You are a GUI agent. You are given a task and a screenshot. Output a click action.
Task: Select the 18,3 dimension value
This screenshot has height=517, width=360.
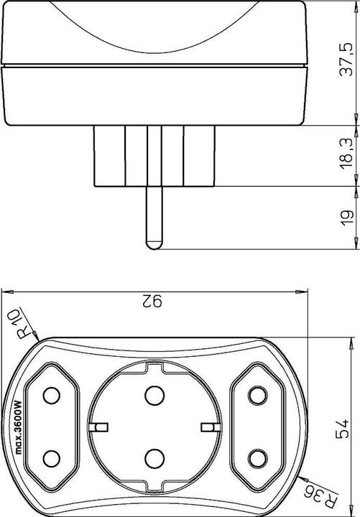point(346,152)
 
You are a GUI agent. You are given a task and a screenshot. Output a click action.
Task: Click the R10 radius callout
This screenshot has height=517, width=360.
point(27,325)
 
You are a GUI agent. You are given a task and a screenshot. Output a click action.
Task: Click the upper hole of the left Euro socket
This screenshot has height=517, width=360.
point(51,396)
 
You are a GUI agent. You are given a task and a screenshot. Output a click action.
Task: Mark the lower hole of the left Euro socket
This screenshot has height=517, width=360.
point(51,457)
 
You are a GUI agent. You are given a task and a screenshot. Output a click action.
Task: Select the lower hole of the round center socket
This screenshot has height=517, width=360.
point(154,457)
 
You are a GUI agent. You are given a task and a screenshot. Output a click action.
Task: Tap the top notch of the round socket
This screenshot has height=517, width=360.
point(154,365)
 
